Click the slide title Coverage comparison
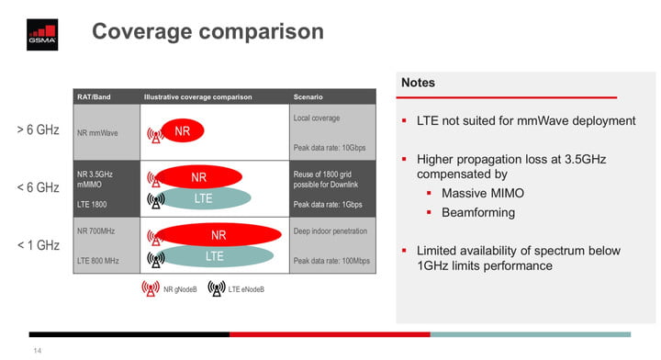point(207,31)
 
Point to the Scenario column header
point(309,96)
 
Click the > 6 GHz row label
point(38,130)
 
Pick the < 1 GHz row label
point(38,245)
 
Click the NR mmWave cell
point(98,133)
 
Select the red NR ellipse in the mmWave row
point(182,132)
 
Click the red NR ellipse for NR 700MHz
point(218,235)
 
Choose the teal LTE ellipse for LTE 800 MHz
point(214,256)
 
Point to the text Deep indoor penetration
point(330,231)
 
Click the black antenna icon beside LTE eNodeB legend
point(216,289)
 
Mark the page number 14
point(38,350)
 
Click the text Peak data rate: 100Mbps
point(331,261)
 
